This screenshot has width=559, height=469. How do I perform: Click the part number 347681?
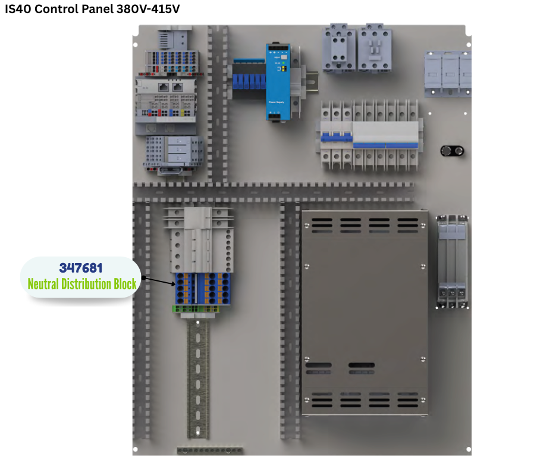point(80,268)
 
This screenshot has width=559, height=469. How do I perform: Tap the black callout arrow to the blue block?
point(158,281)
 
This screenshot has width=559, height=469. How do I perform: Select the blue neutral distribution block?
point(202,288)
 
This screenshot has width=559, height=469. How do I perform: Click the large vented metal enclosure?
point(363,312)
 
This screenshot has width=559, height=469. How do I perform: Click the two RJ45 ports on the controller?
point(170,87)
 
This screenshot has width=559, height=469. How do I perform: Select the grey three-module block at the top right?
point(447,73)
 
